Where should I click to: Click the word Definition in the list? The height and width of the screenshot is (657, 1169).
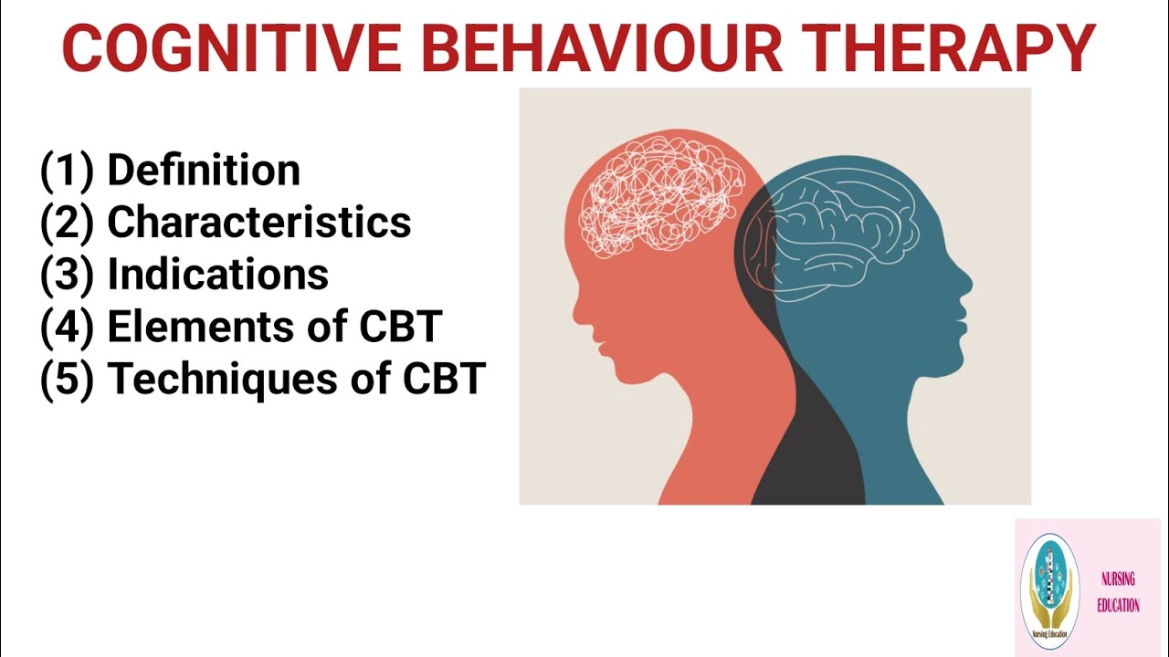204,171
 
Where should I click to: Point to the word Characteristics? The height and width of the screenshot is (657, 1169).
259,223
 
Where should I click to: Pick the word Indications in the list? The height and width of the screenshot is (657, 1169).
218,275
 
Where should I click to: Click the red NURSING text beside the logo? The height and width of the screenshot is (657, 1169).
1118,579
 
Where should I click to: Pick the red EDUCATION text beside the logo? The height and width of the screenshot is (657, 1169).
1118,605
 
